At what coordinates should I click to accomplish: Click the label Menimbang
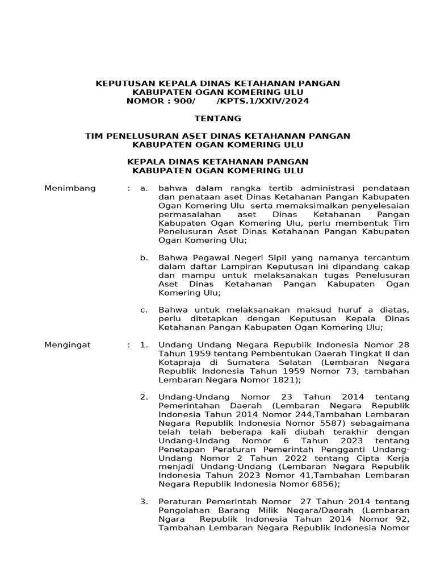[x=70, y=188]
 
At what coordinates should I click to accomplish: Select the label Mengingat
[x=68, y=344]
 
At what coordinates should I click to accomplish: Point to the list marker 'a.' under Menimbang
[x=144, y=188]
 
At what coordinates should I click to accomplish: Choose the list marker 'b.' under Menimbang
[x=144, y=258]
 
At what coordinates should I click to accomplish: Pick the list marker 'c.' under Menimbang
[x=144, y=310]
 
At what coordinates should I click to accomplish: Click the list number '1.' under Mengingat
[x=144, y=344]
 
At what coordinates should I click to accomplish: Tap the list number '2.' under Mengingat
[x=144, y=397]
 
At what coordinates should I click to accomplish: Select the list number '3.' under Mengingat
[x=144, y=502]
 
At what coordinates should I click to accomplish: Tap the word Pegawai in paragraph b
[x=205, y=258]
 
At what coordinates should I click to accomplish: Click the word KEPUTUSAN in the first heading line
[x=124, y=84]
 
